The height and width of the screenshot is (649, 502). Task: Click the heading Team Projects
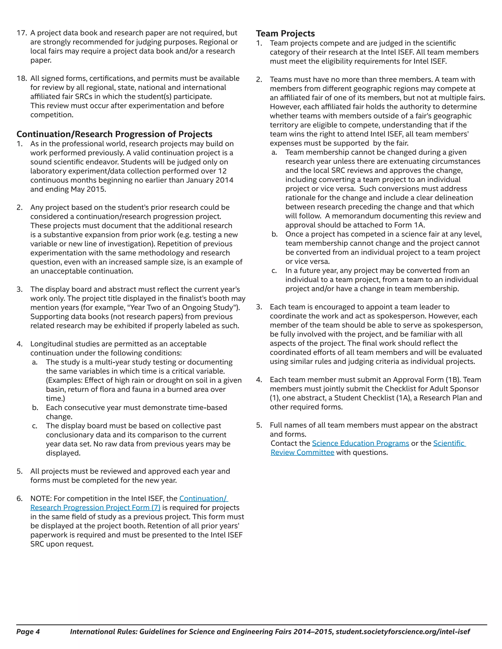(x=285, y=34)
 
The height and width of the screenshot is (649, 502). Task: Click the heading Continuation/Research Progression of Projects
(x=114, y=134)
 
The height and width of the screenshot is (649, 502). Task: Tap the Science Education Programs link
(x=360, y=443)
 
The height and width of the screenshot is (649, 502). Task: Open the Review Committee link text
(x=302, y=452)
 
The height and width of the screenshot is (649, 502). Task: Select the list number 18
(x=22, y=78)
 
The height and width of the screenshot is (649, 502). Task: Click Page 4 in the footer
(x=28, y=631)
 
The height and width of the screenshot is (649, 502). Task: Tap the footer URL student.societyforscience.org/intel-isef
(x=403, y=631)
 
